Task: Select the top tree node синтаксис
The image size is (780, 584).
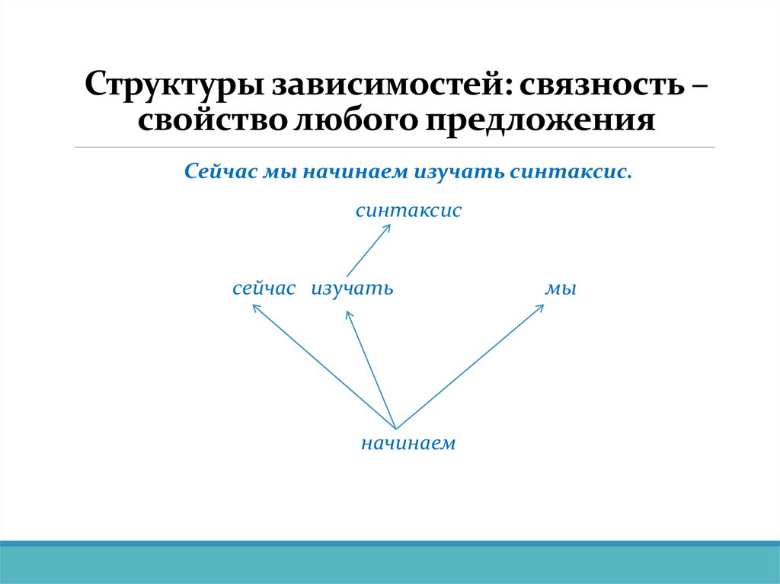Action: tap(408, 211)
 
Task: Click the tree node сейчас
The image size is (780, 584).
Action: tap(264, 289)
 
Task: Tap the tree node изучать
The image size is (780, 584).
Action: tap(351, 289)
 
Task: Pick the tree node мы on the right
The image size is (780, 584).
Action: tap(560, 289)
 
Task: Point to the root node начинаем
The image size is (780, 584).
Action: tap(408, 443)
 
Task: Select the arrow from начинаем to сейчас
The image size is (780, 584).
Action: tap(324, 366)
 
